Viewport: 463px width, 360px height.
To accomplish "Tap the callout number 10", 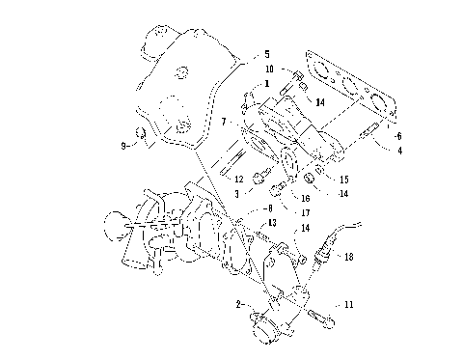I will (271, 69).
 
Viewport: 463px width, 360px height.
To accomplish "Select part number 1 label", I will (247, 84).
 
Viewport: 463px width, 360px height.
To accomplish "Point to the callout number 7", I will (223, 122).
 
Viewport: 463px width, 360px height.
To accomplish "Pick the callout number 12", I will (237, 179).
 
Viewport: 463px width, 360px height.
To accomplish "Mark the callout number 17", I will (305, 212).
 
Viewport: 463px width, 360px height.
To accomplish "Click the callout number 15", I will (343, 179).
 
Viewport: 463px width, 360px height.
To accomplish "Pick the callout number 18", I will (348, 258).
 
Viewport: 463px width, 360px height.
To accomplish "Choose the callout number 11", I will (348, 304).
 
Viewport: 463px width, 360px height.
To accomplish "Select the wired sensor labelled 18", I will (328, 249).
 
